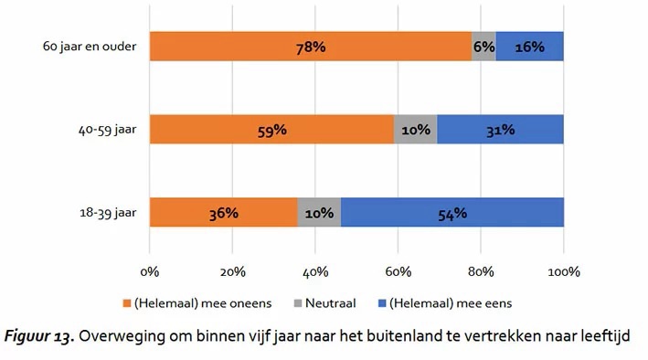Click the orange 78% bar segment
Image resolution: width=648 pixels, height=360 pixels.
click(x=311, y=47)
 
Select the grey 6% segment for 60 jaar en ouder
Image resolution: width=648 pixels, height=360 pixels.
click(x=483, y=47)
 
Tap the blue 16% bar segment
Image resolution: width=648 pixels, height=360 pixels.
click(x=530, y=47)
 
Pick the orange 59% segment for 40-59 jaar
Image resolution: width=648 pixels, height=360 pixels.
click(x=272, y=130)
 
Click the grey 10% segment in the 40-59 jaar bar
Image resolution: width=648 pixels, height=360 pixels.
click(x=416, y=130)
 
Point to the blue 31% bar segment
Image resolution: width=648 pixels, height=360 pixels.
click(x=501, y=130)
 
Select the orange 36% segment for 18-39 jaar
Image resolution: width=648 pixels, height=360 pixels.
click(x=224, y=213)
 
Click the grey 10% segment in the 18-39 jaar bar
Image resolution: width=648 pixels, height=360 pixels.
click(x=319, y=213)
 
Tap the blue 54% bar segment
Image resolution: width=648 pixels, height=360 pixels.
click(x=452, y=213)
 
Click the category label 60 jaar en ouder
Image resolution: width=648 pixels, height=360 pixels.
click(x=90, y=47)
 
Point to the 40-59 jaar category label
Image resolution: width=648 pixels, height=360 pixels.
click(x=108, y=130)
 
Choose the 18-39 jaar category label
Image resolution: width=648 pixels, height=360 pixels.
click(x=108, y=213)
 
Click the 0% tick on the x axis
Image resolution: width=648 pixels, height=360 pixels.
click(x=150, y=271)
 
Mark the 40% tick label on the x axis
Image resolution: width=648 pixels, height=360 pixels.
click(x=315, y=271)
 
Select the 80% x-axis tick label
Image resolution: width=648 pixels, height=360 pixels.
click(x=481, y=271)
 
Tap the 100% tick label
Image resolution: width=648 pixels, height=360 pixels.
click(x=564, y=271)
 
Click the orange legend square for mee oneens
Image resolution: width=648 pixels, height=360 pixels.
click(x=127, y=303)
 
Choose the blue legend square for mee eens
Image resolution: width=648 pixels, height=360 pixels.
click(x=382, y=303)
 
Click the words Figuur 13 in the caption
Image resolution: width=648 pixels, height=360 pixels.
click(x=39, y=336)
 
